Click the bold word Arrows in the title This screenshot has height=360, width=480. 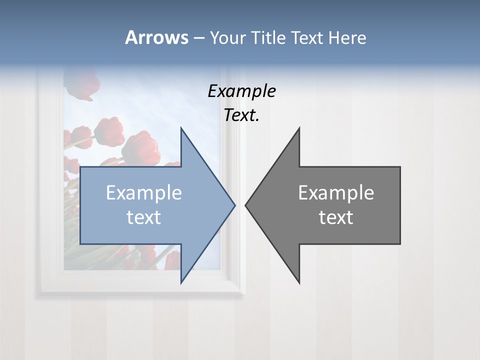tap(156, 37)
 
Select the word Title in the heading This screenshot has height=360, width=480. tap(268, 38)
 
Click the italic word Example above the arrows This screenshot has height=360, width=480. tap(241, 91)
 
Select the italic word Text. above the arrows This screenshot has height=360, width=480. tap(241, 115)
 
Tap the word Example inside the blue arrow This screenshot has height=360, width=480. tap(144, 193)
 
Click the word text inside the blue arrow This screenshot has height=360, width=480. tap(144, 217)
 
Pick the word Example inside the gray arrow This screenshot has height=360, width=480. tap(336, 193)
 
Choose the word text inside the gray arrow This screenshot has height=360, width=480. tap(336, 217)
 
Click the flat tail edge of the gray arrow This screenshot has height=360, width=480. tap(399, 205)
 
